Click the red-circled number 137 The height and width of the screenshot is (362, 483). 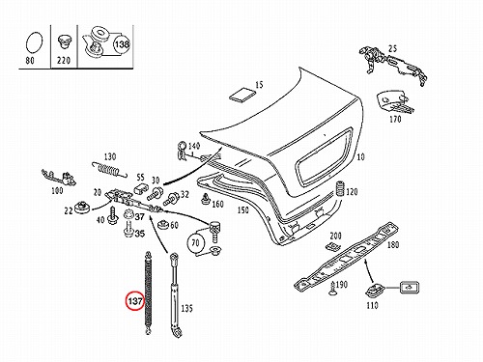click(135, 301)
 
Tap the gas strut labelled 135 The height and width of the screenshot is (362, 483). click(174, 294)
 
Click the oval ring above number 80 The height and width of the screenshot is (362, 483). click(34, 42)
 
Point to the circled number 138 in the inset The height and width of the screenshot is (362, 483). click(122, 44)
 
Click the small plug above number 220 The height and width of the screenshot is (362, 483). click(64, 42)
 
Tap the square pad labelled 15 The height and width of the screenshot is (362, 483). click(242, 95)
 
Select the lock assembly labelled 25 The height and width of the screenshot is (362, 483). click(394, 65)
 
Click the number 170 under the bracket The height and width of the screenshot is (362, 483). click(395, 119)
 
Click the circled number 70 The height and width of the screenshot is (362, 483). click(195, 242)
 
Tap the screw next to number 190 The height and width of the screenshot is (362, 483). click(331, 288)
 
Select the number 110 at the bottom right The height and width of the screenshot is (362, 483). click(372, 305)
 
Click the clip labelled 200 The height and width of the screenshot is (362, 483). click(333, 246)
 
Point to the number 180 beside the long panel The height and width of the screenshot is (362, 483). click(393, 244)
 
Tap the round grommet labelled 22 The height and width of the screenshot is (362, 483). click(83, 207)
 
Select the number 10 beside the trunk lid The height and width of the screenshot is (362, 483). click(360, 156)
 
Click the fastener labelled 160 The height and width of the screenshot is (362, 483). click(206, 199)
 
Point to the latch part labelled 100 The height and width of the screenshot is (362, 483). click(59, 178)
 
